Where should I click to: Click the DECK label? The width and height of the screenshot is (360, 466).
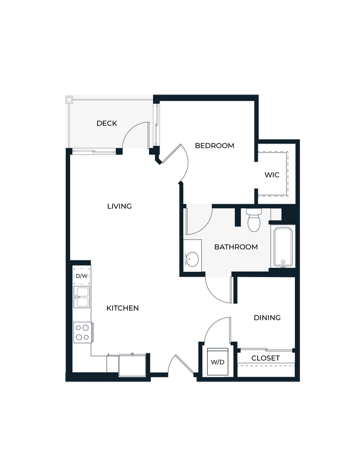pos(107,123)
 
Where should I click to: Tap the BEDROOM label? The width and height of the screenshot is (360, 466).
pos(214,146)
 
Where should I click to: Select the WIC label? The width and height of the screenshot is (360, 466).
pos(272,175)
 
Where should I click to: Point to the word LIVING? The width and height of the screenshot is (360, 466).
pos(119,206)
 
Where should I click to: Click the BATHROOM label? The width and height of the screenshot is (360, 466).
pos(236,247)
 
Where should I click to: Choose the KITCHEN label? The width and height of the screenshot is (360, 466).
pos(123,308)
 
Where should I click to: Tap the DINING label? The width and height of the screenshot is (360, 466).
pos(267,317)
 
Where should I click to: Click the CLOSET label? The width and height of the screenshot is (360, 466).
pos(266,358)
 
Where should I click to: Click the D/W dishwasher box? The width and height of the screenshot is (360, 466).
pos(81,276)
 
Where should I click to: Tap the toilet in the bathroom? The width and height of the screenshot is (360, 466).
pos(254,220)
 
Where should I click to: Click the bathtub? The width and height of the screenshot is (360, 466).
pos(283,247)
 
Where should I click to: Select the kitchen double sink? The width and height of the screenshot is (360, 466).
pos(82,296)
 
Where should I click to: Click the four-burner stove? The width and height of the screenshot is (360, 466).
pos(82,332)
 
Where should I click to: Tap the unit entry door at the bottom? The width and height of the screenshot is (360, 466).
pos(179,367)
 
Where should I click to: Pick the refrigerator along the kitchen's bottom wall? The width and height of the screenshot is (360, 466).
pos(133,364)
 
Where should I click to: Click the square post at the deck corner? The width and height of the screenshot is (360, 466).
pos(69,100)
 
